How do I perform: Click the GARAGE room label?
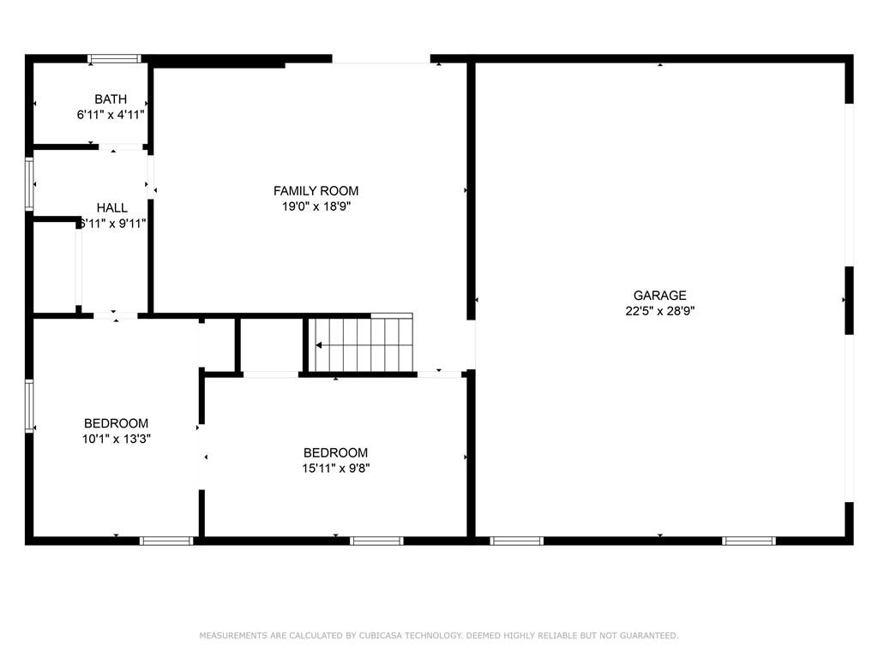[x=659, y=296]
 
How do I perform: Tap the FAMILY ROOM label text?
[x=316, y=191]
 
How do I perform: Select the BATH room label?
[x=111, y=99]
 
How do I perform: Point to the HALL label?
[x=112, y=208]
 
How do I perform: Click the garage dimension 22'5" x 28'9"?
[x=659, y=311]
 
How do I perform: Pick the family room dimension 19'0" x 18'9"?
[x=316, y=206]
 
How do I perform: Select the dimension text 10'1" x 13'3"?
[x=116, y=439]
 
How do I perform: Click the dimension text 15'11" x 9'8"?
[x=335, y=468]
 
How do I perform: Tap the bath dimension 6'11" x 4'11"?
[x=111, y=114]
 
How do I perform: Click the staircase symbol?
[x=361, y=344]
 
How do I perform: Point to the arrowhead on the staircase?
[x=319, y=345]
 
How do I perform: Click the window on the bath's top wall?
[x=114, y=59]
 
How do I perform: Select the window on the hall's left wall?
[x=29, y=184]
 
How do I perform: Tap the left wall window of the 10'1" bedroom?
[x=29, y=406]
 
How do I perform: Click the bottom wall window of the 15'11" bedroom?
[x=376, y=541]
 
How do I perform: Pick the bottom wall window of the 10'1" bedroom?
[x=166, y=541]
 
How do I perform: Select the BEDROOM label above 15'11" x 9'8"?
[x=335, y=453]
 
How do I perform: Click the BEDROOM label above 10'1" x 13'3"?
[x=116, y=423]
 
